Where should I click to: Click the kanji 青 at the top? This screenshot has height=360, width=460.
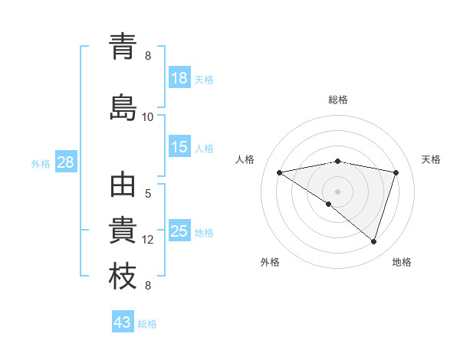click(x=123, y=47)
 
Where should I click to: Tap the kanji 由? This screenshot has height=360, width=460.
click(x=123, y=188)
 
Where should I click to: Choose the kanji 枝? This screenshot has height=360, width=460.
click(x=123, y=277)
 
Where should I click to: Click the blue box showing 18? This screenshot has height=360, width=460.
click(x=179, y=78)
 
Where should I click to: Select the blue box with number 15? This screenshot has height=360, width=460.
click(x=179, y=147)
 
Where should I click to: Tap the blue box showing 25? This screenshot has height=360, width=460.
click(x=179, y=231)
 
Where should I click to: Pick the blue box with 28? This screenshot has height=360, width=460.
click(x=65, y=162)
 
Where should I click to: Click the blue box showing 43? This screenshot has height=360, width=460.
click(x=123, y=322)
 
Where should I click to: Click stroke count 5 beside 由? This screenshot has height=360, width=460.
click(x=148, y=194)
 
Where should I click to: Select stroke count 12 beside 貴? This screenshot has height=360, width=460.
click(x=148, y=240)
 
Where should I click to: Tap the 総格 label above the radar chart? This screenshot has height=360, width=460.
click(x=338, y=100)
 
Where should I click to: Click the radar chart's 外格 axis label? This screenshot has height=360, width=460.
click(x=270, y=262)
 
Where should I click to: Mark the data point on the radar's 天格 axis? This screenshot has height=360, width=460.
click(x=396, y=172)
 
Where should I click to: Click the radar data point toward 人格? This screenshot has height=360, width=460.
click(x=280, y=172)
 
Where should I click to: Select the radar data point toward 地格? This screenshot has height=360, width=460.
click(x=373, y=241)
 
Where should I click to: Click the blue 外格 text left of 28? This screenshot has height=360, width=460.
click(x=41, y=163)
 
